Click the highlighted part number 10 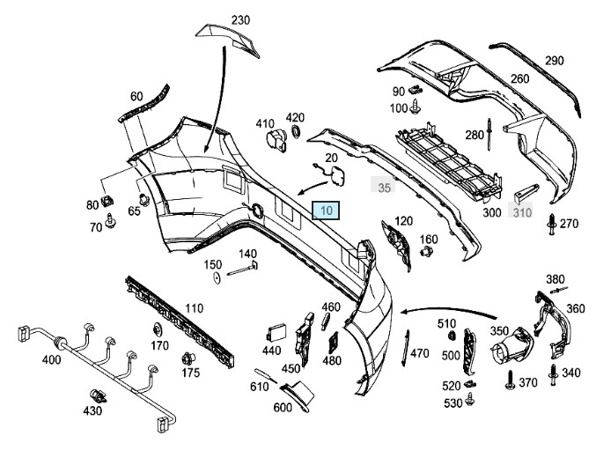(x=327, y=210)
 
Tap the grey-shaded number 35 (x=384, y=188)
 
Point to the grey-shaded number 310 (x=522, y=211)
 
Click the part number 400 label (x=27, y=359)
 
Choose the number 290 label (x=554, y=61)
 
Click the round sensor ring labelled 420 (x=295, y=133)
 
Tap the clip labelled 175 (x=188, y=358)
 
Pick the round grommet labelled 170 (x=159, y=330)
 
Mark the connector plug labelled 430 (x=97, y=396)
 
